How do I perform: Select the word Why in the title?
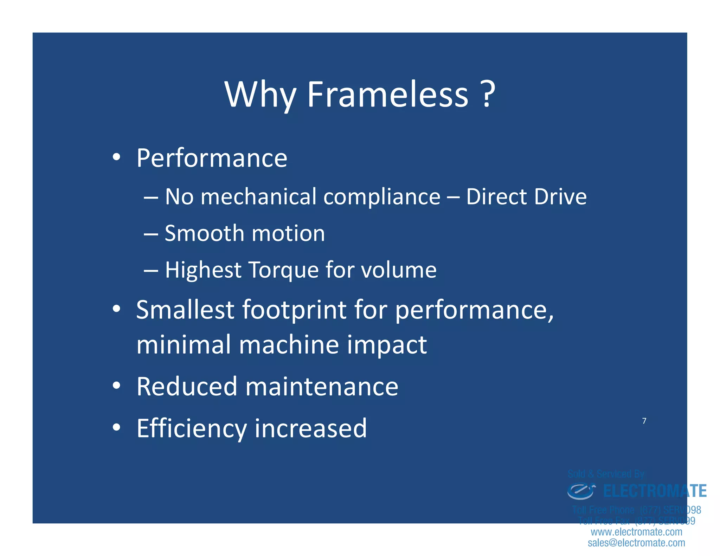(x=260, y=95)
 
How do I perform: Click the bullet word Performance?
(x=212, y=158)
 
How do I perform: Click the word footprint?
(x=294, y=310)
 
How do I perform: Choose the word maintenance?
(x=322, y=387)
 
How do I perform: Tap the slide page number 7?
(x=644, y=421)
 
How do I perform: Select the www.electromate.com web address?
(x=636, y=532)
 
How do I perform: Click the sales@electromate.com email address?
(x=636, y=543)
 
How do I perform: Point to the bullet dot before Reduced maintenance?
(x=116, y=386)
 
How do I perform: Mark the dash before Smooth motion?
(x=150, y=234)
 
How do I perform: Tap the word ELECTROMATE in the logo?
(x=655, y=491)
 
